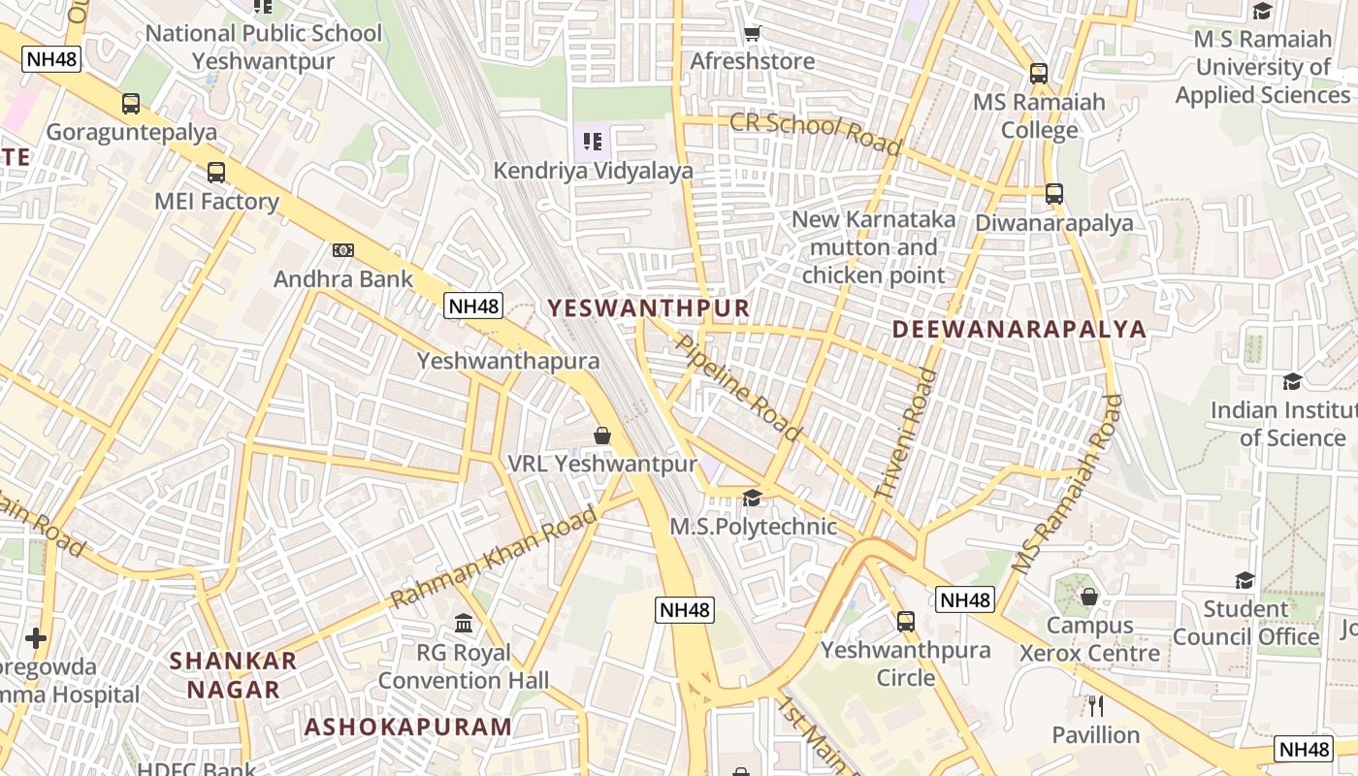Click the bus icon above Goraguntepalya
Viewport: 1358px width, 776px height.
(x=131, y=103)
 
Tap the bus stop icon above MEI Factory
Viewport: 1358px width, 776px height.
(x=216, y=173)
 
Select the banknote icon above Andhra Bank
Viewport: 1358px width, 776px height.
(x=342, y=250)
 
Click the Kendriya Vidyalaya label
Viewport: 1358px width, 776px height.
(x=594, y=171)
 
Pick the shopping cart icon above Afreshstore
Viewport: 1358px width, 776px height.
(x=752, y=34)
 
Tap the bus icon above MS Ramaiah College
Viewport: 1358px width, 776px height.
(x=1039, y=73)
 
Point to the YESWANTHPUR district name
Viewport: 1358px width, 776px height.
(x=649, y=308)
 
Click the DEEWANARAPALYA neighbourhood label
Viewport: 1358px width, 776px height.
(x=1018, y=329)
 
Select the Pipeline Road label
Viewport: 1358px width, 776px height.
(x=738, y=387)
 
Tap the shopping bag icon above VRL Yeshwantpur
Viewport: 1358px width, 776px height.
(x=602, y=436)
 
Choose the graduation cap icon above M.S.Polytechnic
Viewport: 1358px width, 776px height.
(x=752, y=499)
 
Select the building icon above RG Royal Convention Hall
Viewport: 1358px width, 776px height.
(x=464, y=623)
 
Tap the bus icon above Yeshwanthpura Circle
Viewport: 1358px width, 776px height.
(x=906, y=621)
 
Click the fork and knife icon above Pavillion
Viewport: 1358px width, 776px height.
(x=1096, y=705)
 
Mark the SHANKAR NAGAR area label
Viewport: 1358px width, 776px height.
(x=234, y=675)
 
